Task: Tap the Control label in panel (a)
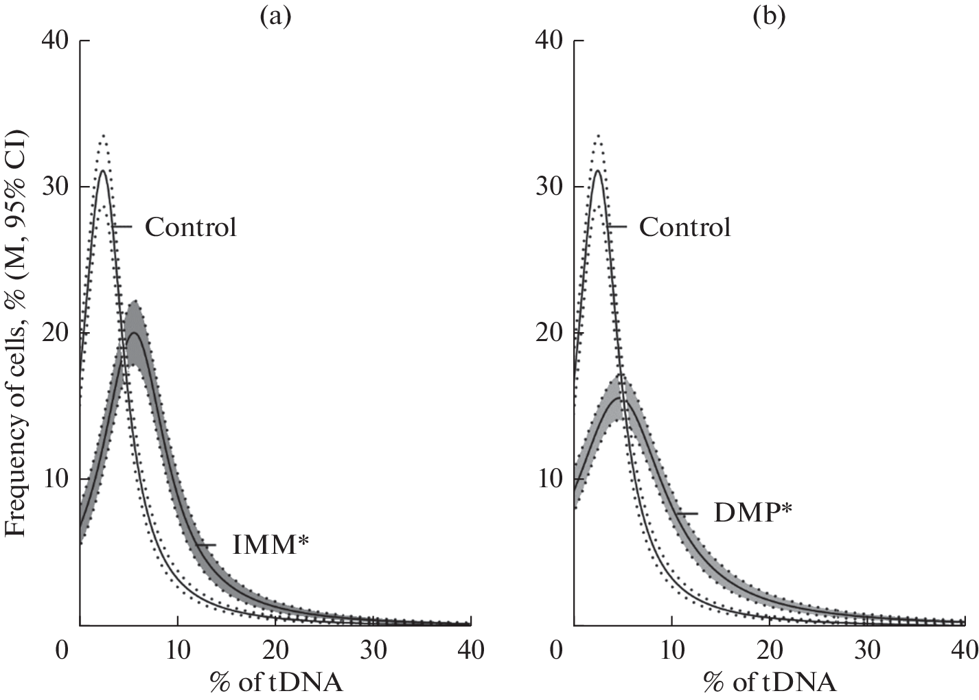click(190, 227)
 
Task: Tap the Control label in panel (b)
click(684, 227)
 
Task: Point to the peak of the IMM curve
click(135, 333)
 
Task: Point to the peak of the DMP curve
click(619, 398)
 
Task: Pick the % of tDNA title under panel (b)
click(770, 682)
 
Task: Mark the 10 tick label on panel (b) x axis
click(671, 648)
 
